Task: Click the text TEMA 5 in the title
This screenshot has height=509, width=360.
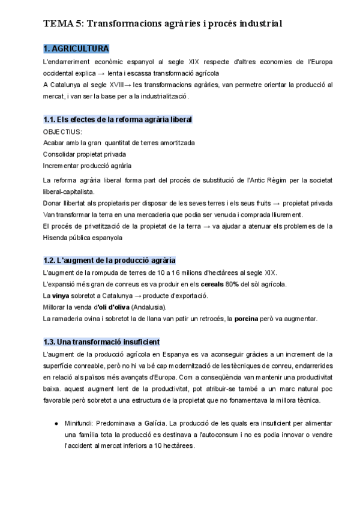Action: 64,23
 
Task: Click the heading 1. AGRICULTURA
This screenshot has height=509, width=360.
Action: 76,49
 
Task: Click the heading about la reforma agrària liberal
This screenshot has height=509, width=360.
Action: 118,120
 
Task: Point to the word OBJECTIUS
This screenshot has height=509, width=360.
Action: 62,131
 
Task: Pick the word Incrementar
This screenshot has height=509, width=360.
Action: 62,165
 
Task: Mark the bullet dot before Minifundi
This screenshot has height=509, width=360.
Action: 56,423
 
